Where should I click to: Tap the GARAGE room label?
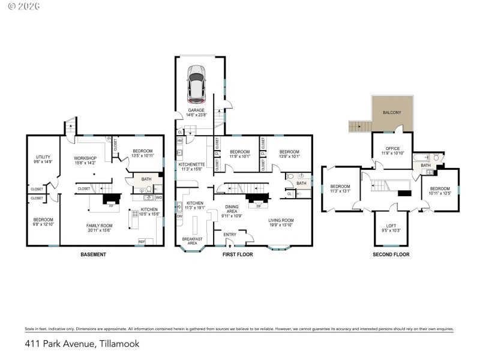click(197, 110)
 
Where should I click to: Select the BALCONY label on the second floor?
click(392, 112)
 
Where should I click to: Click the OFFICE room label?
click(392, 148)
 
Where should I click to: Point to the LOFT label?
click(391, 225)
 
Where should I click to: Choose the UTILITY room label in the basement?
click(43, 157)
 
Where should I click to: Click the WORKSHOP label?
click(85, 158)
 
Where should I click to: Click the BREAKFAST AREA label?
click(193, 241)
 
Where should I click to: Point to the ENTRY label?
click(230, 235)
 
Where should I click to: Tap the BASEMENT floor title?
click(93, 254)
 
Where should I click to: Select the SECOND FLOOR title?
click(391, 254)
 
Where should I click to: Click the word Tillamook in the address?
click(116, 344)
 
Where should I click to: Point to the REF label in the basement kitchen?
click(142, 242)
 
